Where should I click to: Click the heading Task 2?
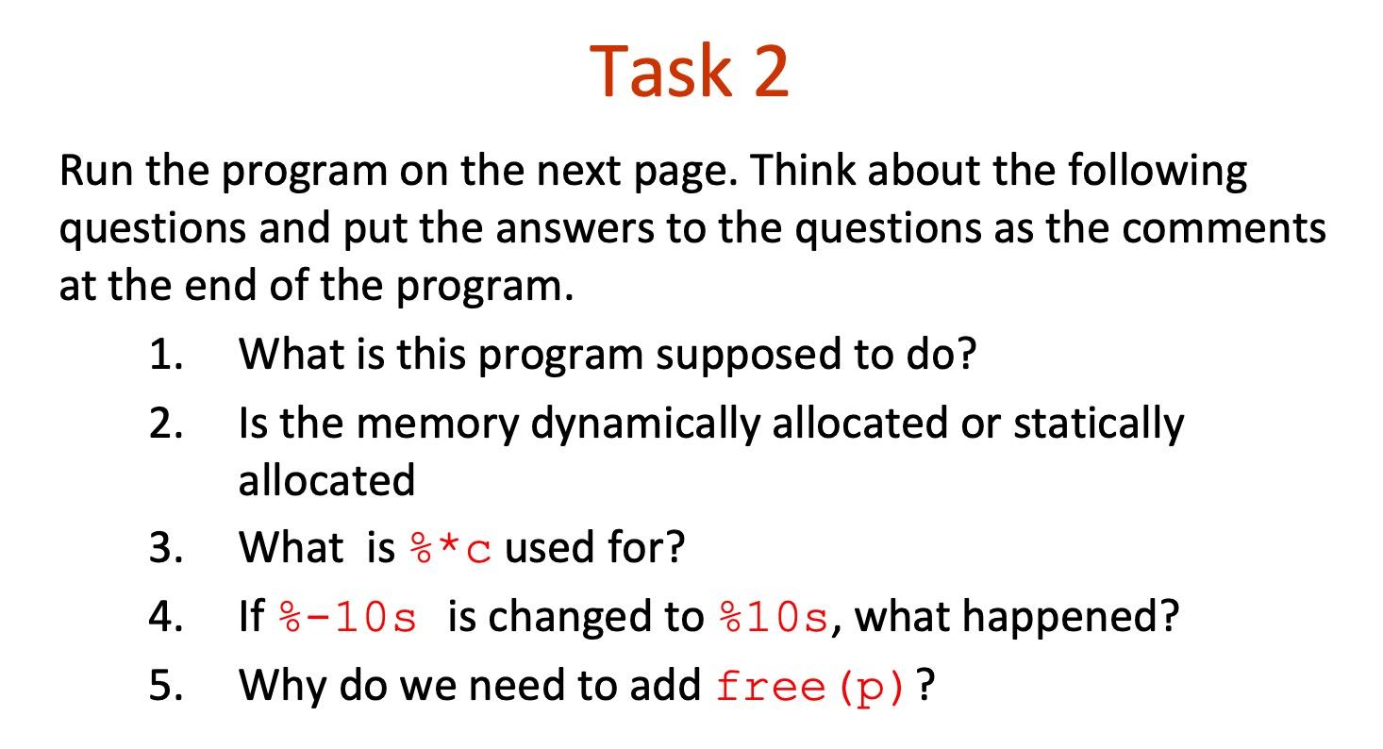(690, 72)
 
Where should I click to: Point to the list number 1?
(164, 355)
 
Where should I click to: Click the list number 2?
(164, 424)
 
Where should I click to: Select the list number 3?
(164, 547)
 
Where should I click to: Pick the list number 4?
(164, 617)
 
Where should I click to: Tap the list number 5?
(164, 685)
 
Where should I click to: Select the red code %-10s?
(348, 618)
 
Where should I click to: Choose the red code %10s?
(773, 618)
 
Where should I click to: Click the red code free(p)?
(812, 686)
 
